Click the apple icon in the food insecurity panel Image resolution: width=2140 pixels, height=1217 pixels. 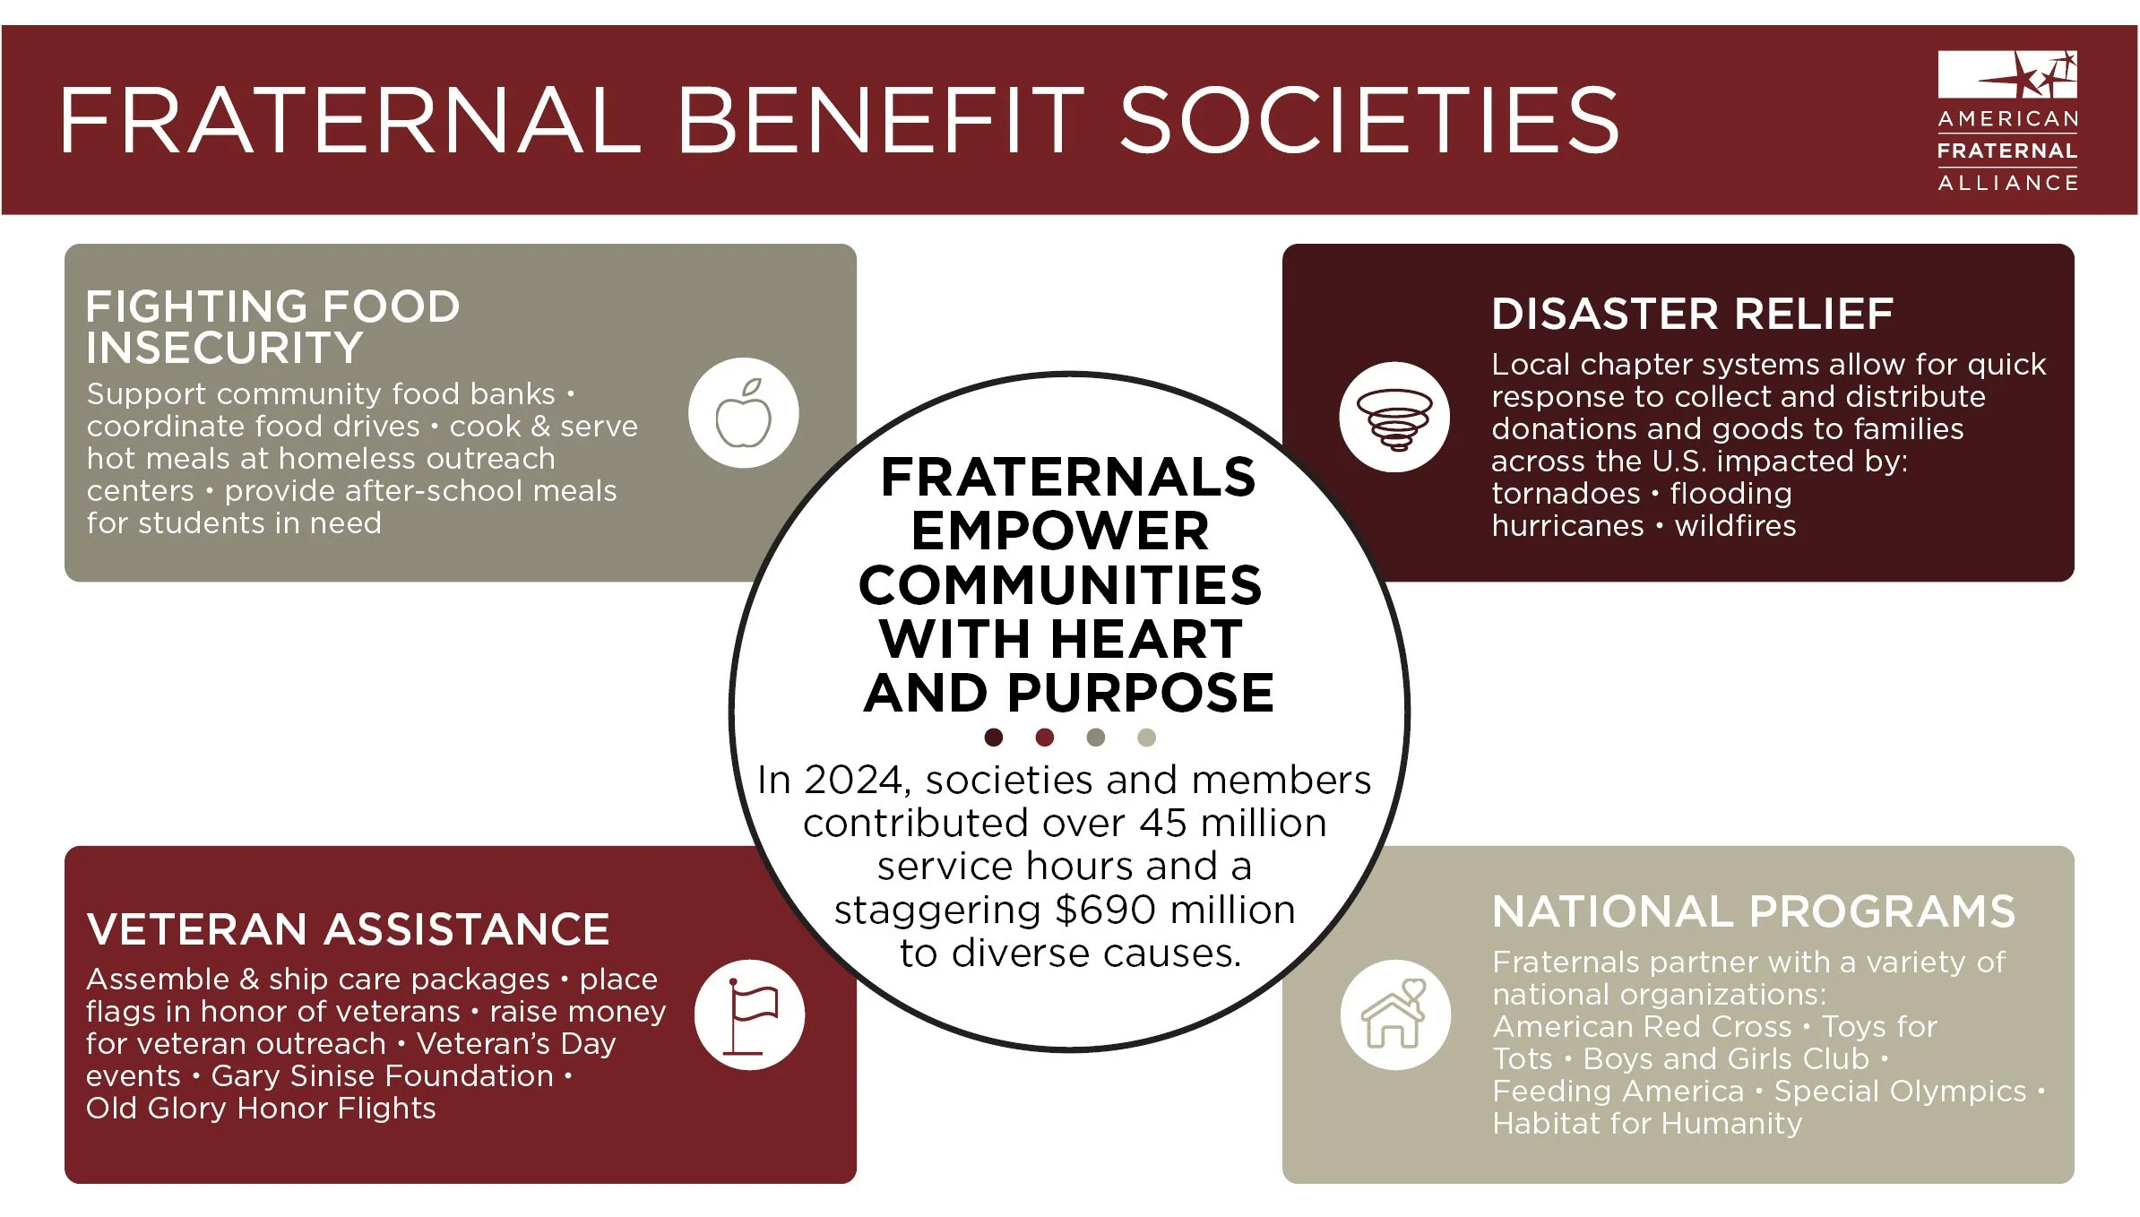(x=743, y=413)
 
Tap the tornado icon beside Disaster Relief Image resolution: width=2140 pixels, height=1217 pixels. (x=1394, y=417)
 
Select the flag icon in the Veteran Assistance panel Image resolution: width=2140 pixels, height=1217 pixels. (x=750, y=1015)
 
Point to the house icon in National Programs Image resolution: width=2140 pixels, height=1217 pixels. (x=1394, y=1015)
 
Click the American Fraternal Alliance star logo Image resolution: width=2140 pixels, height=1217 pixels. (x=2007, y=75)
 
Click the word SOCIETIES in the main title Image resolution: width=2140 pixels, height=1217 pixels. (x=1369, y=121)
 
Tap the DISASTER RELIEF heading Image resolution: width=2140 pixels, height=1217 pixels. (x=1692, y=315)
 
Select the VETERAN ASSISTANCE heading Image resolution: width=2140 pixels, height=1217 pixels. (x=348, y=929)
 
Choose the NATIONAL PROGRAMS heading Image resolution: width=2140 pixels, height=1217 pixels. (x=1754, y=912)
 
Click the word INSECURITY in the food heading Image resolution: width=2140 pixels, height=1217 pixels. (x=224, y=348)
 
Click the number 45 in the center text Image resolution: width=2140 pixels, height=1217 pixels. (x=1165, y=824)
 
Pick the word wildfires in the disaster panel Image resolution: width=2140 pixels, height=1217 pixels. (x=1735, y=526)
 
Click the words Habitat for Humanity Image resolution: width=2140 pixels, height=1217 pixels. (x=1647, y=1124)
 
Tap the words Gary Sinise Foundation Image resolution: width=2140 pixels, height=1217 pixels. (x=383, y=1076)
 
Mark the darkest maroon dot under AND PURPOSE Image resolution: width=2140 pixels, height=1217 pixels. (x=993, y=738)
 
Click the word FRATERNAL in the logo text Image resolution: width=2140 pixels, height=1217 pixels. (x=2007, y=151)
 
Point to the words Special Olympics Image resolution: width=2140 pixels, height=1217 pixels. (x=1900, y=1092)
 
